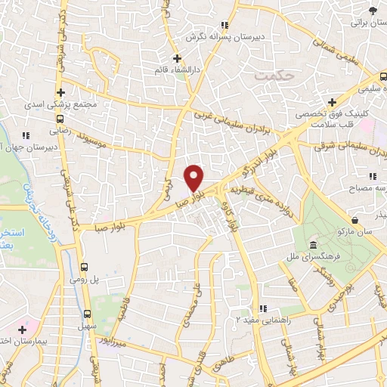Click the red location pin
click(x=194, y=177)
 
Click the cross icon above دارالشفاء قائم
click(x=177, y=59)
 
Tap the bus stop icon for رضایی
click(x=60, y=117)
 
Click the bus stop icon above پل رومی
click(x=85, y=268)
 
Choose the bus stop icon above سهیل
click(x=87, y=314)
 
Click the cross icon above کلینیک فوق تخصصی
click(x=332, y=102)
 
